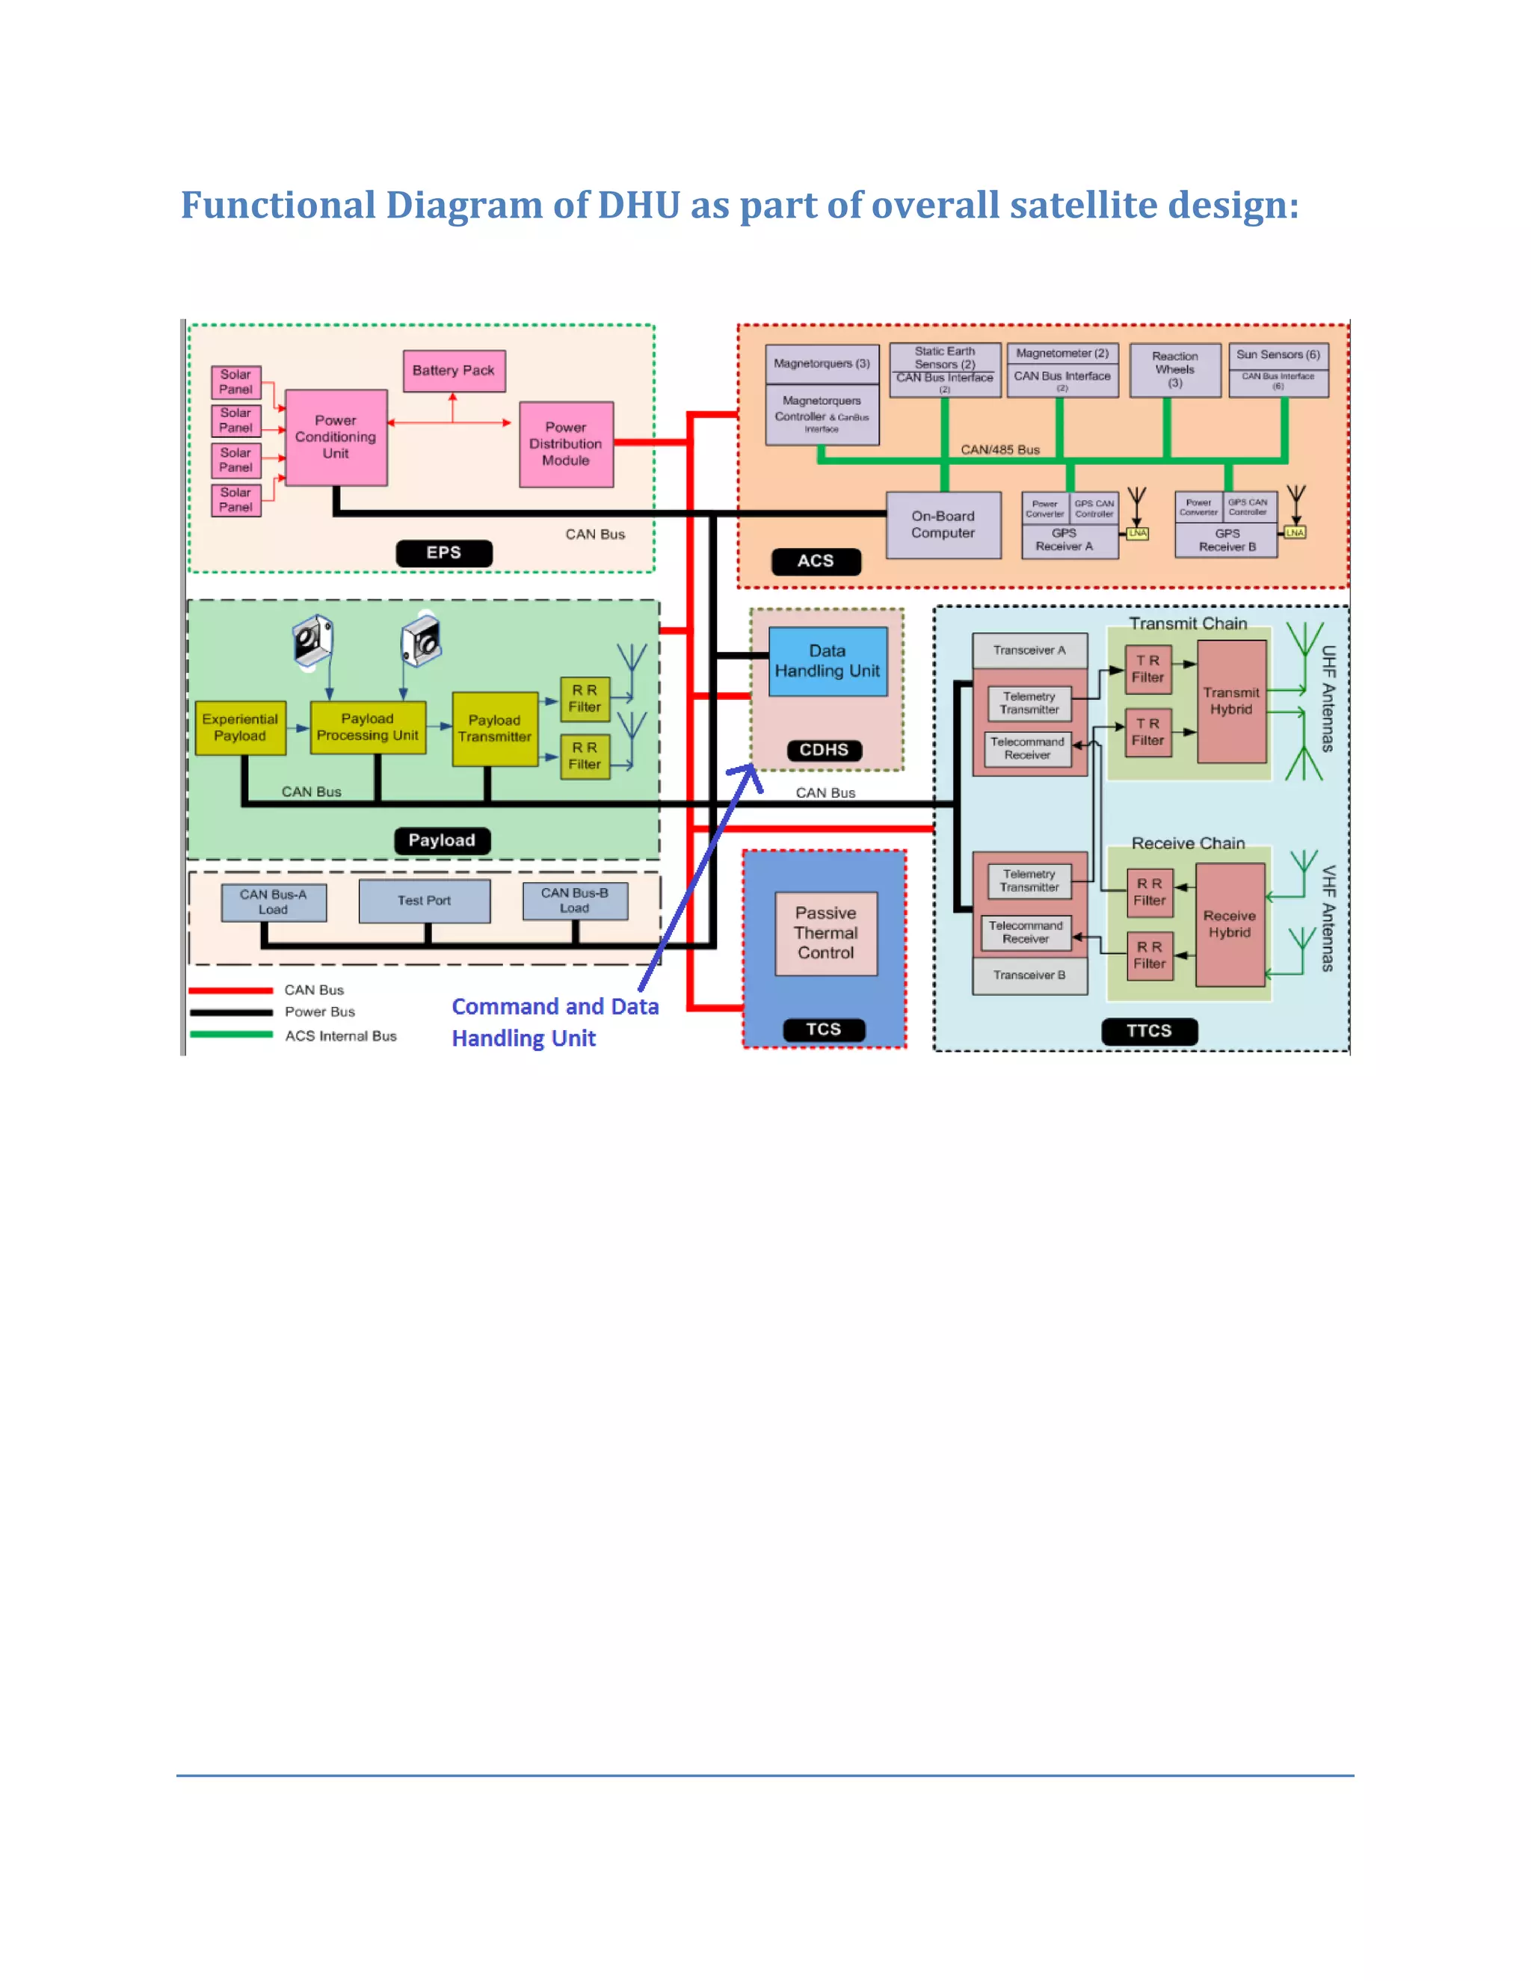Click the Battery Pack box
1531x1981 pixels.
pos(454,371)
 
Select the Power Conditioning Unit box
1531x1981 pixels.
pos(336,437)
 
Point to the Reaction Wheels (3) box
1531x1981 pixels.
pos(1174,369)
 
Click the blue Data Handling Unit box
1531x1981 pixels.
pos(828,662)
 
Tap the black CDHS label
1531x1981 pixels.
pos(824,750)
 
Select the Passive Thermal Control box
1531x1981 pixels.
pos(825,934)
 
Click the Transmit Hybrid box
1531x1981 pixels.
pos(1230,701)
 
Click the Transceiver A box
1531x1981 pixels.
pos(1029,650)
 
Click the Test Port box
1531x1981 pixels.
pos(424,901)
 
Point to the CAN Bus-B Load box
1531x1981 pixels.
pos(574,901)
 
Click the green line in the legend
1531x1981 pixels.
pos(231,1035)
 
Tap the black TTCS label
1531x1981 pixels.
pos(1148,1032)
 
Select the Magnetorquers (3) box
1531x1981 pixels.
pos(821,364)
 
